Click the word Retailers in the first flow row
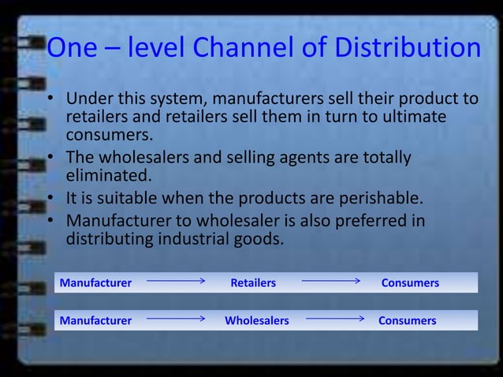pos(253,282)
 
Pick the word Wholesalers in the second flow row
pos(256,321)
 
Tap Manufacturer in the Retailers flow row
pos(95,282)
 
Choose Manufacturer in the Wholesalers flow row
pos(95,321)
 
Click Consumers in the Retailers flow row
pos(410,282)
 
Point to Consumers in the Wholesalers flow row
pos(407,321)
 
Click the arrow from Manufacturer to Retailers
pos(176,280)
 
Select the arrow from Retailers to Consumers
pos(330,280)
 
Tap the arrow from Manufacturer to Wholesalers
pos(176,319)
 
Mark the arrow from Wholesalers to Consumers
pos(335,319)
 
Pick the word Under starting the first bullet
pos(89,99)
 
